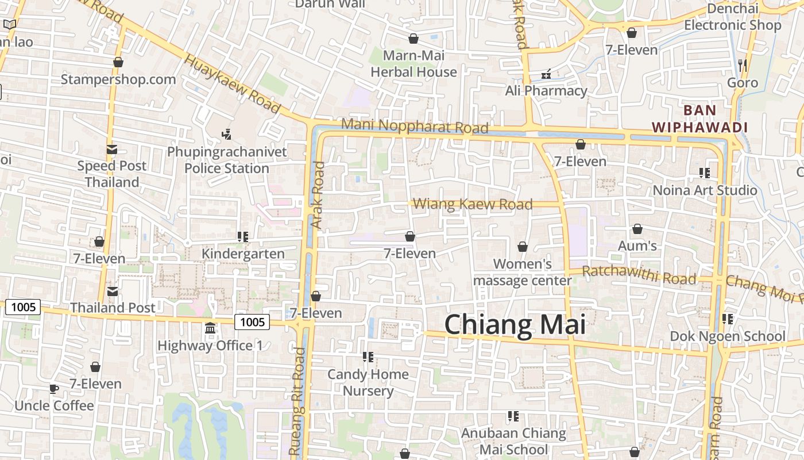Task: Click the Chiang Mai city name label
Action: pos(515,325)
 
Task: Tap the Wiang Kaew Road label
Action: pos(473,204)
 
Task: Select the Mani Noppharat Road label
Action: pos(415,126)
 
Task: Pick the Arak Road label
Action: pos(318,195)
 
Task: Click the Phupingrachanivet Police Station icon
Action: pos(226,135)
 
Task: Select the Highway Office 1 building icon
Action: pos(210,328)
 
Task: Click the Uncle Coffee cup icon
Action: pos(54,389)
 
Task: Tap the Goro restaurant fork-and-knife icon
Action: pos(743,66)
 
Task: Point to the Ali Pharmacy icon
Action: pos(546,74)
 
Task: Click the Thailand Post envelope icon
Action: pos(113,291)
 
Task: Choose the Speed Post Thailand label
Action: pos(112,174)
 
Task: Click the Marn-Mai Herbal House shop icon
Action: pos(413,39)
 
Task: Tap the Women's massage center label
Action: pos(522,272)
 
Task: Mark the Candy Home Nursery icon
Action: pos(368,357)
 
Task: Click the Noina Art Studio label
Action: pos(705,190)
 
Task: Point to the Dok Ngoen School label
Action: pos(728,336)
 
